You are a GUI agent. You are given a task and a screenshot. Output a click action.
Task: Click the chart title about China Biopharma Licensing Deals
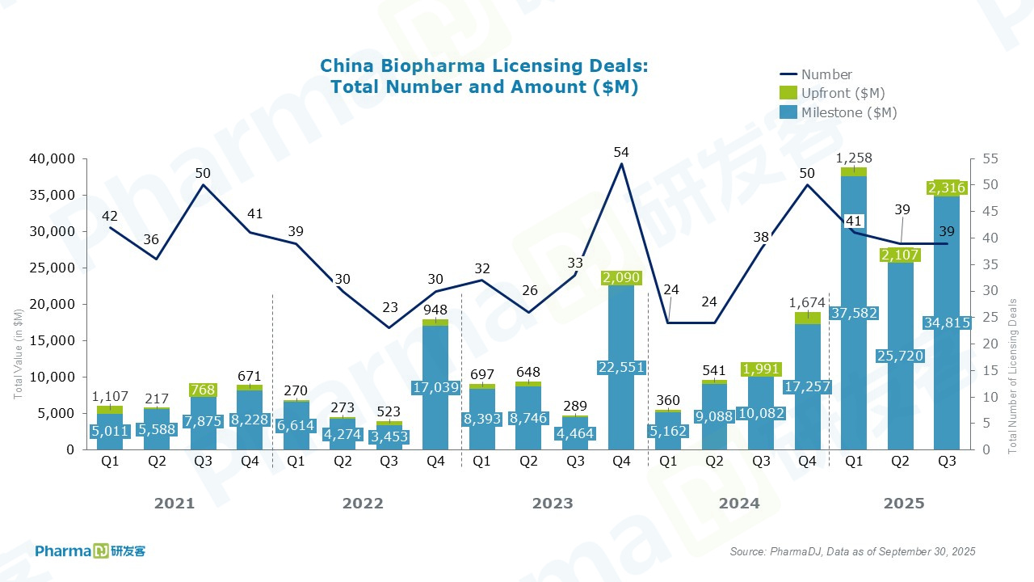[484, 76]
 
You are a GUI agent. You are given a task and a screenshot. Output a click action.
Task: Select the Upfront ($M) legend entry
[842, 94]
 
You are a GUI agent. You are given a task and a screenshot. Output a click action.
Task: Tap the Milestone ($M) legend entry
[848, 113]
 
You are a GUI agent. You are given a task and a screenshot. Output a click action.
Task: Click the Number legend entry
[826, 75]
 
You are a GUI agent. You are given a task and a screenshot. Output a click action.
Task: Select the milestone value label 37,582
[853, 313]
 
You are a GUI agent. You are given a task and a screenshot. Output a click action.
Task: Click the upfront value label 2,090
[622, 278]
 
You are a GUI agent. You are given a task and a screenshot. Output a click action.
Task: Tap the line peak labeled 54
[621, 152]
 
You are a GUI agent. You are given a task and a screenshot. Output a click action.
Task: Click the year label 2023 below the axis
[553, 504]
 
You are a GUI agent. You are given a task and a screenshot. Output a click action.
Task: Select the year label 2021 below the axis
[174, 504]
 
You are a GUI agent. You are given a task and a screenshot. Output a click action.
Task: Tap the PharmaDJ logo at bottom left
[90, 551]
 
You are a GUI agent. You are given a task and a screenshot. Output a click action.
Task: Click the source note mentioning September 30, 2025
[852, 551]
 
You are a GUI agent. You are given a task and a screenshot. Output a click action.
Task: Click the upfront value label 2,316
[947, 188]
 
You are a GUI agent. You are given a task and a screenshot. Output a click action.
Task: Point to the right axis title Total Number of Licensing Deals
[1013, 376]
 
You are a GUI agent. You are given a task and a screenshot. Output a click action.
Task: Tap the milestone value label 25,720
[900, 356]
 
